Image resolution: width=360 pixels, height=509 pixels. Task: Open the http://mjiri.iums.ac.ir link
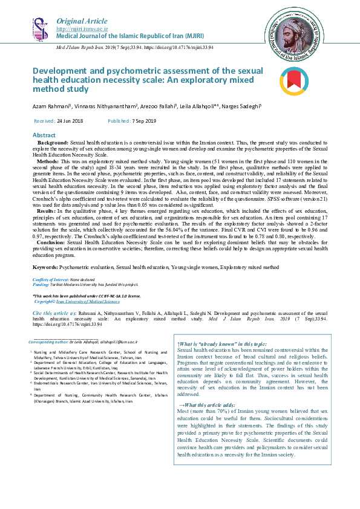82,28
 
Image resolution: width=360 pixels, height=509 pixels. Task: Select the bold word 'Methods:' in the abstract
48,163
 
